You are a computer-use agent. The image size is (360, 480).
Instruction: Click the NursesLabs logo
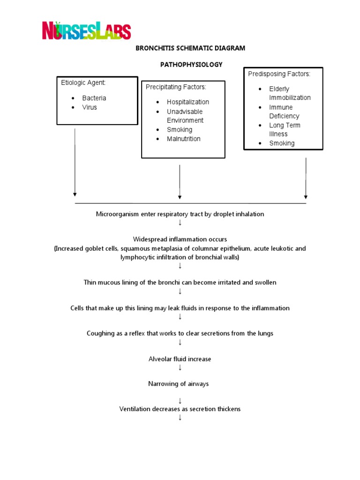pos(86,30)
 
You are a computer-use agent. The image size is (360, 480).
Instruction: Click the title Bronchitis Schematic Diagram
pos(190,48)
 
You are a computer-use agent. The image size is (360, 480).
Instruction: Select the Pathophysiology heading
pos(190,64)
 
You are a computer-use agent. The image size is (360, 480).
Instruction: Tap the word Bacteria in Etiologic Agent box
pos(94,98)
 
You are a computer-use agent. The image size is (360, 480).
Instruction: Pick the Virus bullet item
pos(90,107)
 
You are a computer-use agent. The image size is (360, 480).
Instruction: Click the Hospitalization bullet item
pos(187,102)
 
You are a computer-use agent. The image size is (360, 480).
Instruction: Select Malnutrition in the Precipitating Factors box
pos(183,139)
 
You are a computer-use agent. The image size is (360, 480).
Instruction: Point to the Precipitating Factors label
pos(176,87)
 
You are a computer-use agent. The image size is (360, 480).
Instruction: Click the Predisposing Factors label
pos(279,74)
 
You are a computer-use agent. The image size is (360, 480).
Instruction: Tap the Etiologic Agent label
pos(83,82)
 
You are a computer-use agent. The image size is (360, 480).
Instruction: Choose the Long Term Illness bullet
pos(285,129)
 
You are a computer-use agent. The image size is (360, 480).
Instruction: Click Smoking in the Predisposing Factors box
pos(282,143)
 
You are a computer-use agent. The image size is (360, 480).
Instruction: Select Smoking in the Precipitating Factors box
pos(180,129)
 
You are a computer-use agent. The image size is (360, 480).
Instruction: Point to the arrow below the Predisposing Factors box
pos(306,178)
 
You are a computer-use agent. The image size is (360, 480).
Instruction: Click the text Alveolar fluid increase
pos(180,359)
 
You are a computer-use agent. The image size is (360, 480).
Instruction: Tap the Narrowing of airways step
pos(179,383)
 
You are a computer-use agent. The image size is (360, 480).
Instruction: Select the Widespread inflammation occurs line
pos(180,239)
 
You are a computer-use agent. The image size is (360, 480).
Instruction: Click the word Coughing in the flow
pos(100,333)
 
